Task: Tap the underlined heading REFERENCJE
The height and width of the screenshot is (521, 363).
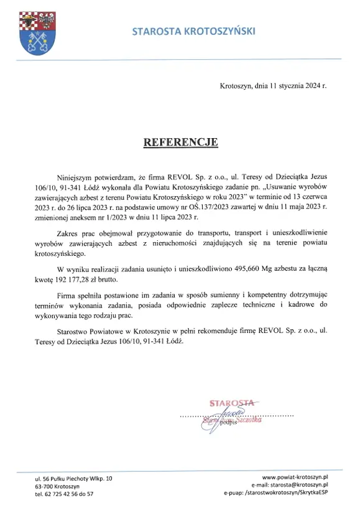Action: point(180,142)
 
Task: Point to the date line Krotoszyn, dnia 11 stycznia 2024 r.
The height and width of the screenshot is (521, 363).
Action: point(273,87)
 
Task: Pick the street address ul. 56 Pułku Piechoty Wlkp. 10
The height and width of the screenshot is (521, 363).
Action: point(74,477)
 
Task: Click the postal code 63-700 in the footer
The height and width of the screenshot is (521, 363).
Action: point(45,485)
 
